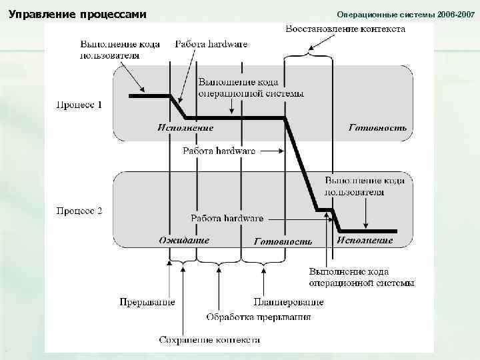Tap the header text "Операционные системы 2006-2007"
404,14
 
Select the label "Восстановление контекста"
345,30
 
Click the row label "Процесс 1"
78,105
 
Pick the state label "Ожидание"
184,240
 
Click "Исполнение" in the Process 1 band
186,127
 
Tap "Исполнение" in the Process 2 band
365,240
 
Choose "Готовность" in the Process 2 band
283,241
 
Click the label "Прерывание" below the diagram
147,301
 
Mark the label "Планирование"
289,301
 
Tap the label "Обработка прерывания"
259,317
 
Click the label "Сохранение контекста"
209,340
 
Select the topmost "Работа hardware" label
211,44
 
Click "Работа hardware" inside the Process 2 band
227,218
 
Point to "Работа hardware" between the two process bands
219,151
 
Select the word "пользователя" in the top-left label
110,55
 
